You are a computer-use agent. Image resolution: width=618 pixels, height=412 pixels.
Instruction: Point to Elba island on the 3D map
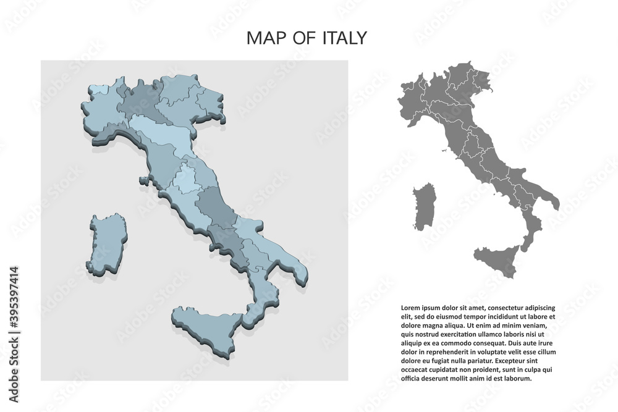click(144, 181)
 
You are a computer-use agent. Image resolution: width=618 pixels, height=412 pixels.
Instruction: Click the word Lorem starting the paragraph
click(412, 307)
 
